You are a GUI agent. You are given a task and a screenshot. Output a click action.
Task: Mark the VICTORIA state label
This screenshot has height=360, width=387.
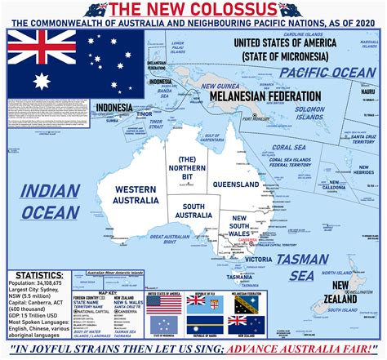(x=258, y=260)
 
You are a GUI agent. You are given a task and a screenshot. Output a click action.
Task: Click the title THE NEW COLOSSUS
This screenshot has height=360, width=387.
(x=193, y=10)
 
